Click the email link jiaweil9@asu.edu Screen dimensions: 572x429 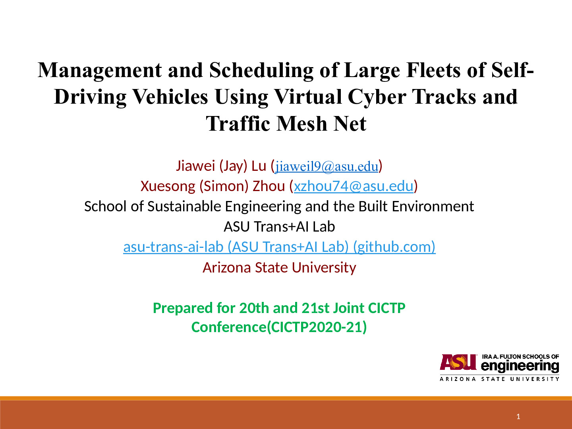[x=327, y=166]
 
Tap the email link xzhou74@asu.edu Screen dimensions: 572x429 [x=354, y=186]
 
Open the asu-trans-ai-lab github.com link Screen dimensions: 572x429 [x=279, y=247]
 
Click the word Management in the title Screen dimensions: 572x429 [x=100, y=71]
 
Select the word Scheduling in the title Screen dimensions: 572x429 [x=261, y=71]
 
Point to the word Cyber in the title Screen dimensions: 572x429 [x=377, y=97]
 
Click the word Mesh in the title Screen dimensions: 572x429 [x=301, y=124]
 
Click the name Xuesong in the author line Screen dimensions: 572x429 [x=168, y=186]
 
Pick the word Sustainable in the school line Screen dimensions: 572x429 [x=184, y=206]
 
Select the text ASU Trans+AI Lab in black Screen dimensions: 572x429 [x=279, y=226]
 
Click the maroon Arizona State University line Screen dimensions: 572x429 [x=279, y=267]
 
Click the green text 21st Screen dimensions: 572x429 [x=316, y=308]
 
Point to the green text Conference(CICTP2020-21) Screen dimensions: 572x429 [x=279, y=327]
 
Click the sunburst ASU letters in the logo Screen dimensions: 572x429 [x=458, y=362]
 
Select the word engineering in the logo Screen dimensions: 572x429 [x=520, y=366]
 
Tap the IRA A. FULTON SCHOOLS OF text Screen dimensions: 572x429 [x=520, y=357]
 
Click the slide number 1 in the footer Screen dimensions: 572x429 [x=518, y=417]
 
